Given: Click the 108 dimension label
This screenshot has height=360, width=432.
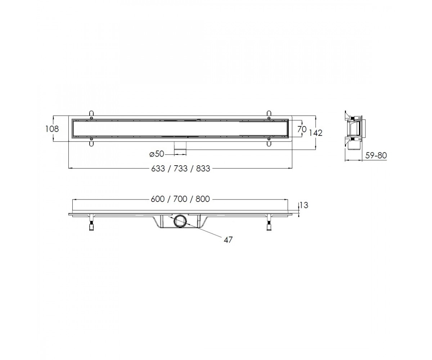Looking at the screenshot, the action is tap(52, 129).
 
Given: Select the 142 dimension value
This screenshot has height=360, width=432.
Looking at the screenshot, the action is tap(315, 133).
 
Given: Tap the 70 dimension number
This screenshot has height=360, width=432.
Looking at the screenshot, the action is tap(302, 129).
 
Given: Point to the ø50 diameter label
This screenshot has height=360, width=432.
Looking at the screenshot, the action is tap(157, 154).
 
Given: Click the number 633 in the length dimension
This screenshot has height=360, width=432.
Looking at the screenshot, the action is tap(158, 168).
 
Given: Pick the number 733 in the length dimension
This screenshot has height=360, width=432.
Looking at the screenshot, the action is tap(180, 168).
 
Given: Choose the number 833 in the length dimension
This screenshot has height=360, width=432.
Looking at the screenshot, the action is tap(203, 168).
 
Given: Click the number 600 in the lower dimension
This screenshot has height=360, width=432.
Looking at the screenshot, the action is tap(158, 199).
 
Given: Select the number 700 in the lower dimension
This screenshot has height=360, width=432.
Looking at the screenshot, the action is tap(180, 199).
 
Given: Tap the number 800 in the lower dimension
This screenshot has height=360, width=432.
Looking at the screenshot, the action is tap(203, 199).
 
